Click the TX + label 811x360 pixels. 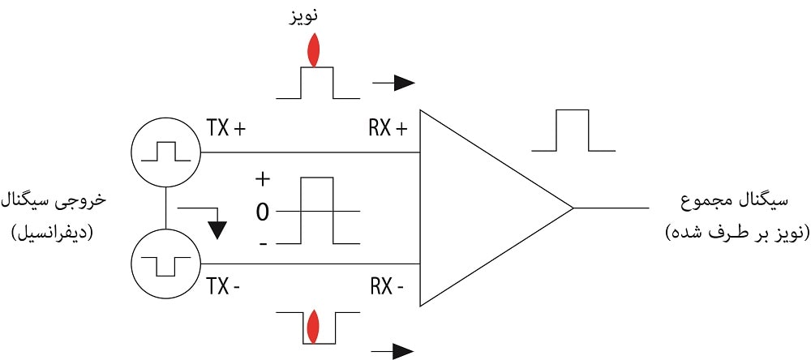click(x=226, y=128)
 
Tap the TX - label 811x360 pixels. click(x=224, y=287)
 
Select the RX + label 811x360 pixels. click(x=388, y=128)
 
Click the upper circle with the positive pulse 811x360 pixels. click(x=165, y=152)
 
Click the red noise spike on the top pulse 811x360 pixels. click(x=314, y=52)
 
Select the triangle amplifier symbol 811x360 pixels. click(x=478, y=208)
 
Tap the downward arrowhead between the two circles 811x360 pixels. click(x=216, y=229)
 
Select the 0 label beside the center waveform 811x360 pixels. click(x=262, y=212)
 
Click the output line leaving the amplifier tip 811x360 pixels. click(x=612, y=208)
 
